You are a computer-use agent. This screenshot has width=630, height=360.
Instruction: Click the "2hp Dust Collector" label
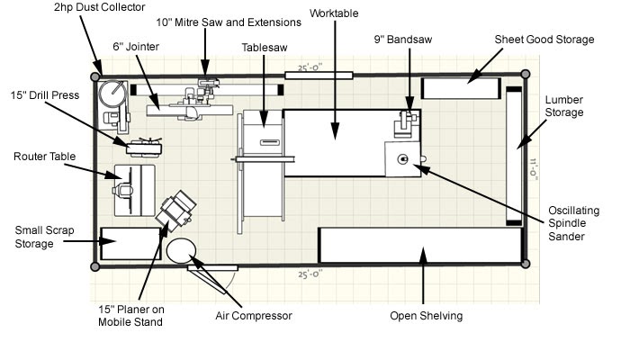[99, 7]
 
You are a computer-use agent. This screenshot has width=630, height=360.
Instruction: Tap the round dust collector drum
[112, 94]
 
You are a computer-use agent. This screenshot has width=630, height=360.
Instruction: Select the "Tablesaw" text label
[265, 48]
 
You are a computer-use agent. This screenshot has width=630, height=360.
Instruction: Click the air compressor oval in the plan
[181, 250]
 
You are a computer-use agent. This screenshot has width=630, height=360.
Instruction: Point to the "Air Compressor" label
[254, 315]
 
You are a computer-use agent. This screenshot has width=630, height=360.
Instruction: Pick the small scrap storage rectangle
[130, 244]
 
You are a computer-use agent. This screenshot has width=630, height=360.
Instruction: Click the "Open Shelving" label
[427, 315]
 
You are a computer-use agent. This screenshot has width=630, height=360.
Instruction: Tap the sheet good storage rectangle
[461, 88]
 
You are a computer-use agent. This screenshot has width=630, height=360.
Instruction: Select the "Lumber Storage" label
[563, 106]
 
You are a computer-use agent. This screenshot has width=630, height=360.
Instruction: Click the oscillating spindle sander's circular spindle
[402, 159]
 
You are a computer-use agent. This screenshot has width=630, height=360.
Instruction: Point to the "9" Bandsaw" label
[403, 40]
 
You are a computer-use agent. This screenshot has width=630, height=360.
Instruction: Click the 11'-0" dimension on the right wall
[533, 169]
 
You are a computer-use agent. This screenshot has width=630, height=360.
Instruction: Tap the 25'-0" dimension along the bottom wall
[310, 274]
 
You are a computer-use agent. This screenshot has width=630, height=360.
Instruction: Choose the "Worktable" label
[334, 13]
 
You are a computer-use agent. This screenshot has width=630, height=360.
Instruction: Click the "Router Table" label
[45, 157]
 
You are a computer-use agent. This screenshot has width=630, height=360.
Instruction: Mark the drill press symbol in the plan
[144, 148]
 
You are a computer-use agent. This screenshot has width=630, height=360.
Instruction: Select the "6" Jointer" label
[136, 47]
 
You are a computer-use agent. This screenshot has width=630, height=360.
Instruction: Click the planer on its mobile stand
[176, 211]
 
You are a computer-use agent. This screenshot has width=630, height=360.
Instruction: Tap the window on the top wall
[319, 75]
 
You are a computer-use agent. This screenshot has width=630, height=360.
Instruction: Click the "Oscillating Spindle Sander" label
[573, 223]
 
